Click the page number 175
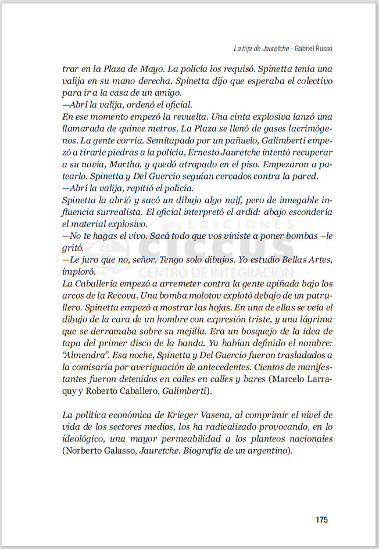pyautogui.click(x=322, y=519)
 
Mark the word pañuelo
pyautogui.click(x=241, y=140)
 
